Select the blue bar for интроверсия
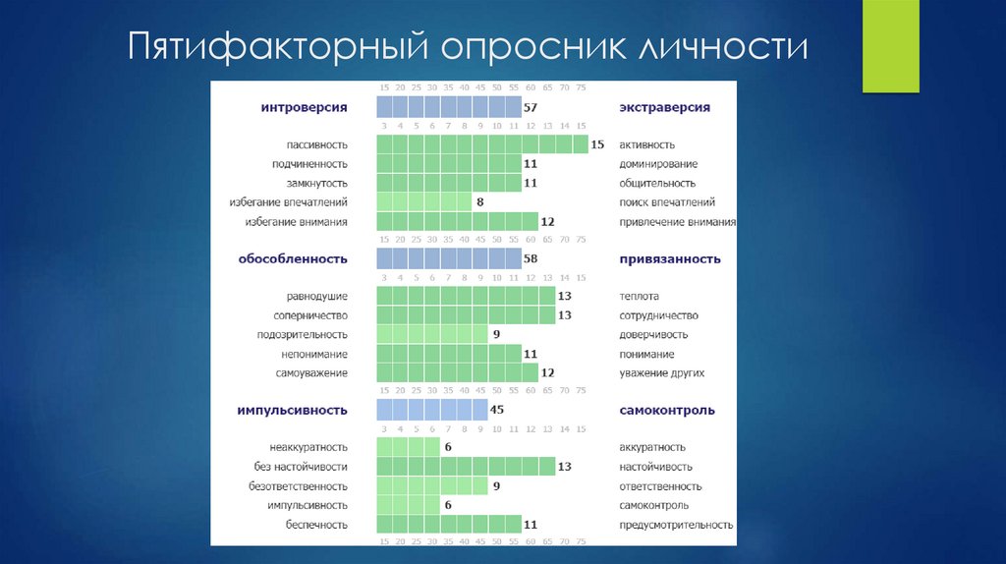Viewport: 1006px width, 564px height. [x=449, y=107]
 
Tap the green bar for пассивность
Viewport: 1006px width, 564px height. [x=482, y=144]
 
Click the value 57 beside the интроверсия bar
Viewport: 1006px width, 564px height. [x=531, y=107]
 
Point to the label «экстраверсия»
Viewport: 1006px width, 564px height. [x=664, y=107]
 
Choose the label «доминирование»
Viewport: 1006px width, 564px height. [x=658, y=164]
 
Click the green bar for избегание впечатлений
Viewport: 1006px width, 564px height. [x=424, y=202]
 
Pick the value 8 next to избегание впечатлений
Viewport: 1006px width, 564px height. [x=479, y=202]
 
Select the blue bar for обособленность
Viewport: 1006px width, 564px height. [x=449, y=258]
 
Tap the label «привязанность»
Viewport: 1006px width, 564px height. [x=670, y=258]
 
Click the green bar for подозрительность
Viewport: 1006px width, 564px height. [x=432, y=334]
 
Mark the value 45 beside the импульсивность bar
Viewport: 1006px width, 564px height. [x=497, y=410]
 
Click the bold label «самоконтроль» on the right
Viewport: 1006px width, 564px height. [x=667, y=410]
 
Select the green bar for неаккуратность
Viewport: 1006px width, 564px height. [x=408, y=447]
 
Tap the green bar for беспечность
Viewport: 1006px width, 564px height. [x=449, y=524]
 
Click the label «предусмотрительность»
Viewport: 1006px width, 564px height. [x=677, y=524]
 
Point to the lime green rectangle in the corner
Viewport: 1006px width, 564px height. [x=890, y=46]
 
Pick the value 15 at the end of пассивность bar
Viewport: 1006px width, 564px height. [x=597, y=144]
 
